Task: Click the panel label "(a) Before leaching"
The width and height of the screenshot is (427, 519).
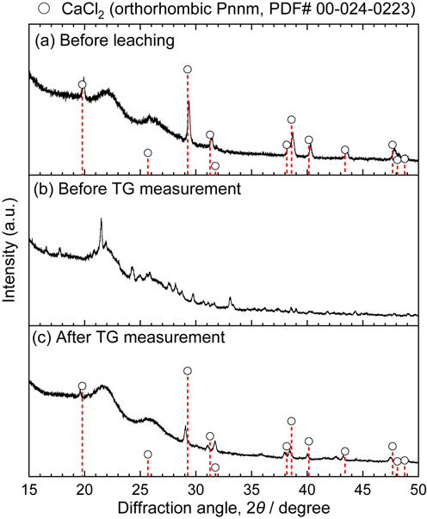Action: [105, 40]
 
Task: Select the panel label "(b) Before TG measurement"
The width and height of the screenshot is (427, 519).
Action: [138, 189]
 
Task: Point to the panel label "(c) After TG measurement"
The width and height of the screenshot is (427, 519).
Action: [130, 337]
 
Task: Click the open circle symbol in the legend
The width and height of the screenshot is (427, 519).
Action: [46, 9]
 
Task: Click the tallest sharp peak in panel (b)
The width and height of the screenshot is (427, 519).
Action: [101, 219]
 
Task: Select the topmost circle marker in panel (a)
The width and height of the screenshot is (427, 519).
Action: [188, 70]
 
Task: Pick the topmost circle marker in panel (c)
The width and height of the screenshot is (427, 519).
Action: [188, 371]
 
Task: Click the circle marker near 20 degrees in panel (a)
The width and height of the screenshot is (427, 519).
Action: [82, 84]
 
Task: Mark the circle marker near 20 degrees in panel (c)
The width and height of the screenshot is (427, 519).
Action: [82, 386]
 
